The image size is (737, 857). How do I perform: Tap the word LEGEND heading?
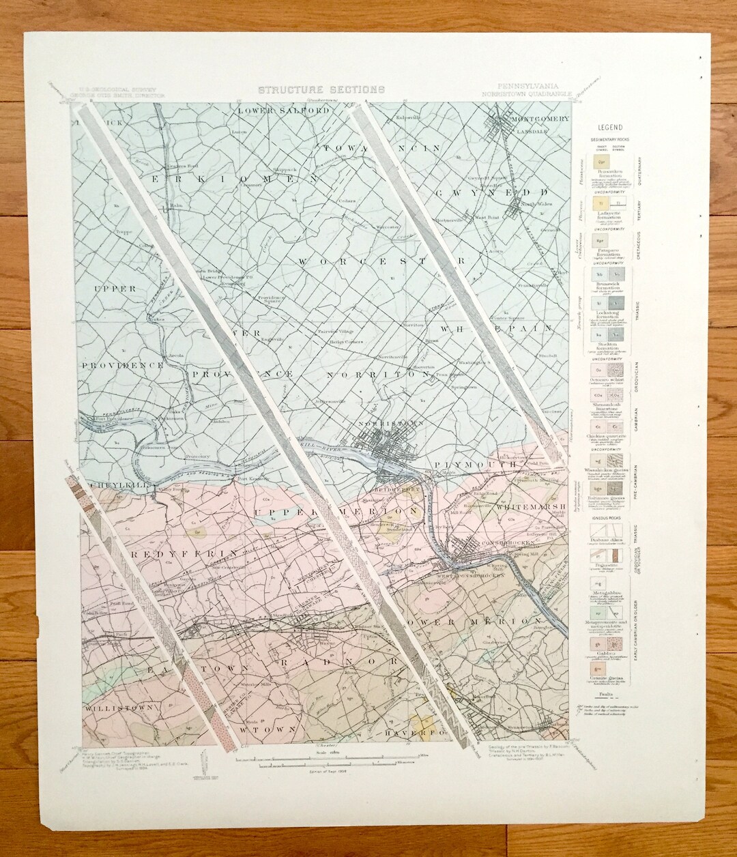(609, 128)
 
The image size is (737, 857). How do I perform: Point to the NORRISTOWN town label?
(387, 423)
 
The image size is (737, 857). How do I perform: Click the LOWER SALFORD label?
(273, 111)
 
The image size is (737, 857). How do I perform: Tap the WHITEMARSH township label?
(529, 507)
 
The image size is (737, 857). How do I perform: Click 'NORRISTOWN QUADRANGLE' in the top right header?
(523, 93)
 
